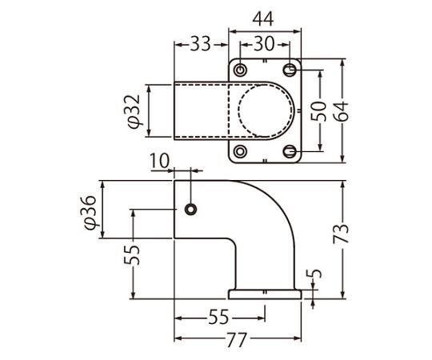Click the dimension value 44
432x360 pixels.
point(263,19)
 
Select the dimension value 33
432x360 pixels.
point(201,44)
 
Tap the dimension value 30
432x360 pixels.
point(264,44)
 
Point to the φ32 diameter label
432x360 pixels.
point(135,111)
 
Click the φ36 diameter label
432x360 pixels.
point(90,212)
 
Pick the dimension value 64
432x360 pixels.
point(342,111)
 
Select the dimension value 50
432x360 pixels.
point(318,111)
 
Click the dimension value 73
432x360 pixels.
point(341,234)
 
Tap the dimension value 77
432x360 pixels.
point(236,339)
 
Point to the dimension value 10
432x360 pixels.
point(159,161)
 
